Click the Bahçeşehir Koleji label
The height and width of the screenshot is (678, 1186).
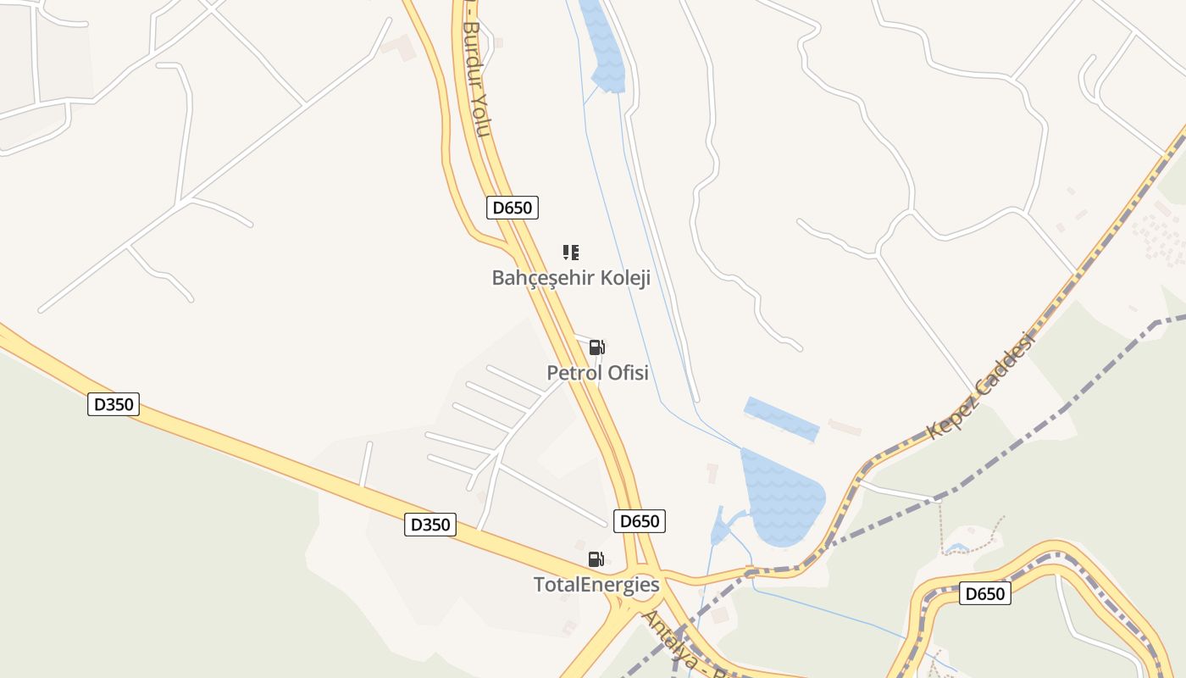pyautogui.click(x=570, y=278)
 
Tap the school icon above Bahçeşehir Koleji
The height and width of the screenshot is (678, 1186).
pyautogui.click(x=571, y=252)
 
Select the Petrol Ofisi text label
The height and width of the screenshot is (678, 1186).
pyautogui.click(x=597, y=373)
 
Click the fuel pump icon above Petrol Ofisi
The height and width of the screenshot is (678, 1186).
pyautogui.click(x=596, y=347)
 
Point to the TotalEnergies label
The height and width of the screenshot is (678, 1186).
pyautogui.click(x=596, y=584)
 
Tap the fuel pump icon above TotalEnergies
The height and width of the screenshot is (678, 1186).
pyautogui.click(x=596, y=559)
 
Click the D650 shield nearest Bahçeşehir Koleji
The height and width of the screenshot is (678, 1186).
pyautogui.click(x=513, y=208)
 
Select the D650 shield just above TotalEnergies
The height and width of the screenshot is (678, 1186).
pyautogui.click(x=640, y=521)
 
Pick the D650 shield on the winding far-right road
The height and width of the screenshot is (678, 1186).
pyautogui.click(x=985, y=593)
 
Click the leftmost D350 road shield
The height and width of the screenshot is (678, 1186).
pyautogui.click(x=114, y=404)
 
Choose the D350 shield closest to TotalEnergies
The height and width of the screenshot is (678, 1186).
pyautogui.click(x=430, y=525)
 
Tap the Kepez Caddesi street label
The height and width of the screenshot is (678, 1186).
pyautogui.click(x=983, y=386)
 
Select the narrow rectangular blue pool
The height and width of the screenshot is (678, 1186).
pyautogui.click(x=781, y=419)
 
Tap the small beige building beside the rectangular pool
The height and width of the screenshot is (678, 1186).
pyautogui.click(x=845, y=426)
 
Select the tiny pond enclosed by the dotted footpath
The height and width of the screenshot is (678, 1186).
pyautogui.click(x=957, y=548)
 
